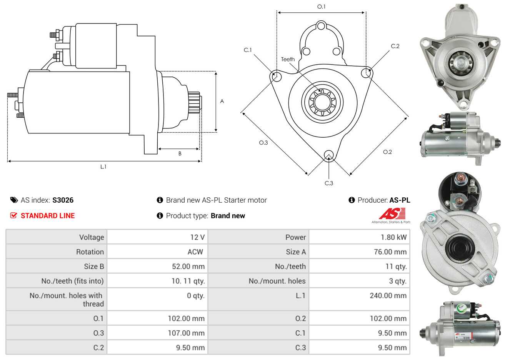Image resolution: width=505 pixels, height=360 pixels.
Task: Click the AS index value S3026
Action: click(x=63, y=200)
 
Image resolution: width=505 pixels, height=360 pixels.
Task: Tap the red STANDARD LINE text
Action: click(x=47, y=216)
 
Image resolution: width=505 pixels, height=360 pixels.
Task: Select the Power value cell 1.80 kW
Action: click(x=393, y=237)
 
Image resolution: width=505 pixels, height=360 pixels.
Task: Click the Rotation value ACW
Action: click(x=195, y=252)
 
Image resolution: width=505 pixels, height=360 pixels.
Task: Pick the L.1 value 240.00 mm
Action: click(x=388, y=296)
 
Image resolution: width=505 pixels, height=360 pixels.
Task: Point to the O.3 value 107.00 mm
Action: click(x=186, y=333)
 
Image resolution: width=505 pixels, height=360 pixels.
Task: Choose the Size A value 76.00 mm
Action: click(x=390, y=252)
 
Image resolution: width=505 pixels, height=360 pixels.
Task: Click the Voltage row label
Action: click(x=92, y=237)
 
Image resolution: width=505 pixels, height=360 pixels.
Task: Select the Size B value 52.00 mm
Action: click(x=188, y=267)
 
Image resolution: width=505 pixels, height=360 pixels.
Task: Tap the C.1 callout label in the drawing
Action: click(x=248, y=50)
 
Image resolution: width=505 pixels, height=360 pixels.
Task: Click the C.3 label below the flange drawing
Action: click(x=329, y=183)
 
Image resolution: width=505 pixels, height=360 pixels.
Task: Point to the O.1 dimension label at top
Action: click(x=321, y=7)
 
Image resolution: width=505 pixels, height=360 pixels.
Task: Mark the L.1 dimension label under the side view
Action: click(x=103, y=167)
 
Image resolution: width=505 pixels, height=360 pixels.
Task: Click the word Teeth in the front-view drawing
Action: click(x=288, y=59)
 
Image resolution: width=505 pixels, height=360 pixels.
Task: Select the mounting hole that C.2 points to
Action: click(x=367, y=73)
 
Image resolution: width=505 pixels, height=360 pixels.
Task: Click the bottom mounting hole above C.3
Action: click(x=328, y=155)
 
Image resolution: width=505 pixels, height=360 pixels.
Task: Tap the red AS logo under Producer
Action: click(x=392, y=213)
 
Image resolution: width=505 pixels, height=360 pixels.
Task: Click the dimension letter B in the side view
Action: click(x=180, y=153)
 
